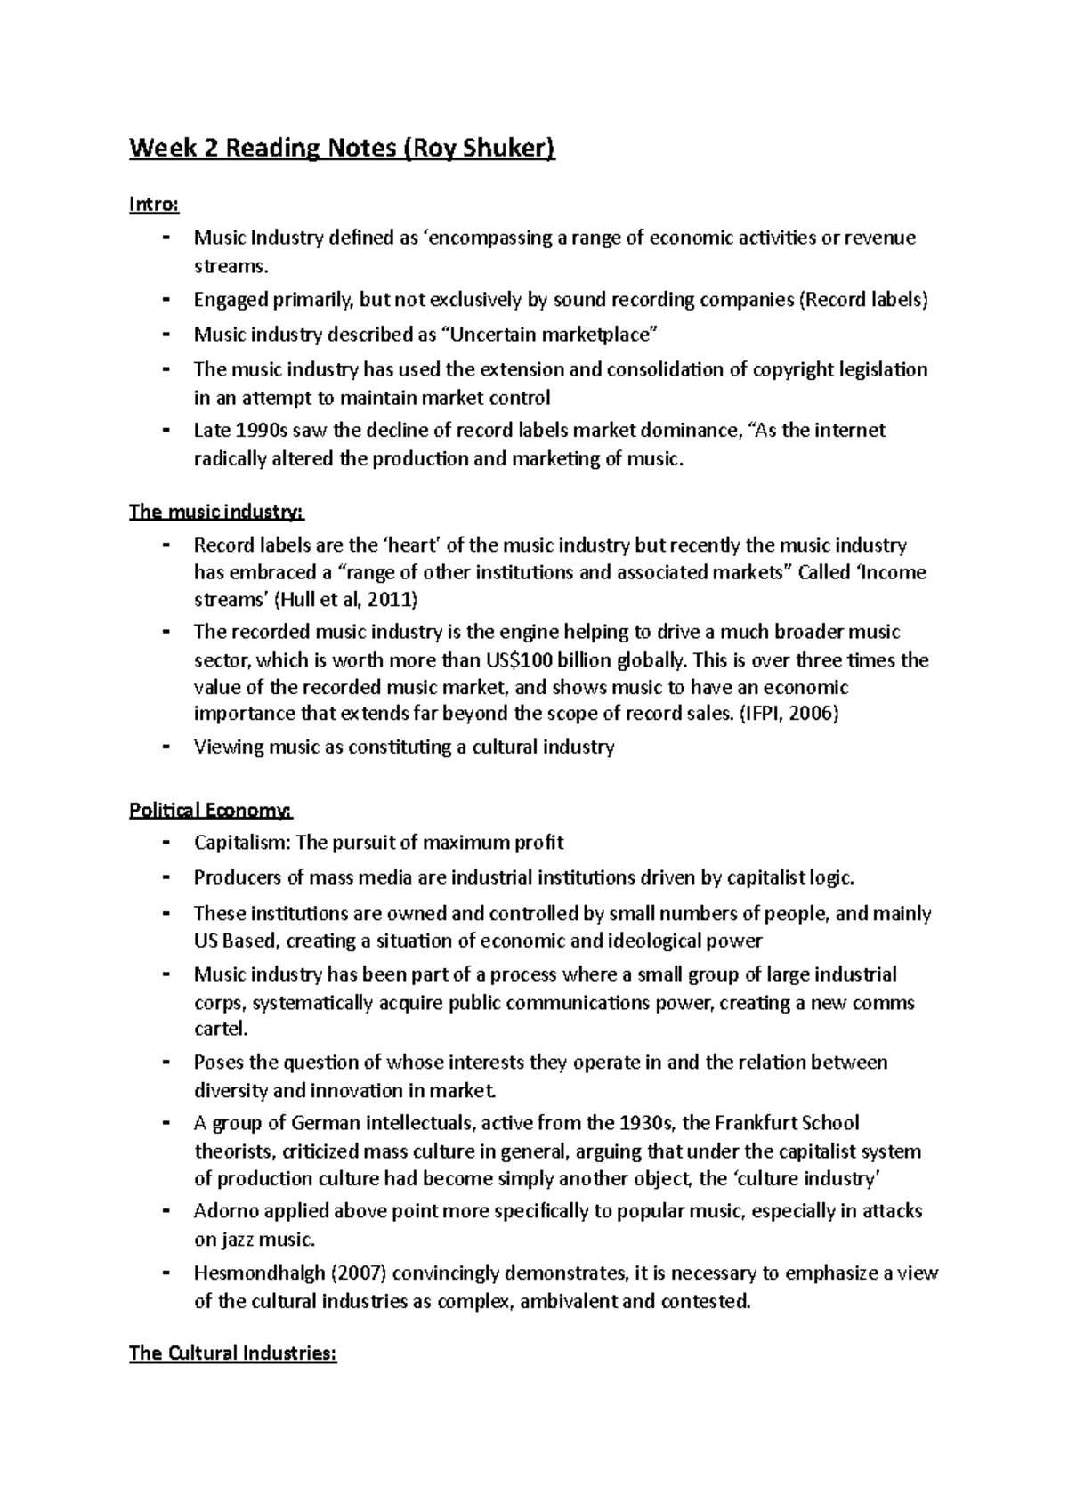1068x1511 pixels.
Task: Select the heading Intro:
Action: [x=154, y=206]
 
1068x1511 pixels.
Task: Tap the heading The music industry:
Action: [x=216, y=513]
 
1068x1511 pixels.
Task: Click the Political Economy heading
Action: [x=210, y=811]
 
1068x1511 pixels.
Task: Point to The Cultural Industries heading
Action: [x=233, y=1353]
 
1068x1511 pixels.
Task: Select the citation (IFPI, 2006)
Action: [x=789, y=714]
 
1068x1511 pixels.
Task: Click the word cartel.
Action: [x=219, y=1030]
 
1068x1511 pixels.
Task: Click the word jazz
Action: [x=236, y=1239]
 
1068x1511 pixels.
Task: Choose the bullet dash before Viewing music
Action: [x=166, y=747]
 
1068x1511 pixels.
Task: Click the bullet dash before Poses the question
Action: [x=166, y=1063]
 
